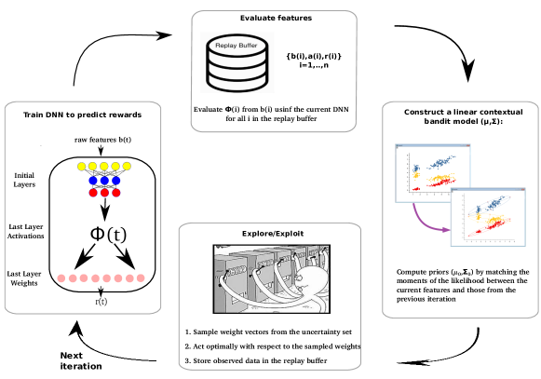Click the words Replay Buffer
pos(237,45)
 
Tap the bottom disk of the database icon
pos(237,82)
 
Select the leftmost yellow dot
pos(82,167)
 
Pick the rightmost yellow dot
pos(127,167)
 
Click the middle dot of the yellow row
pos(104,167)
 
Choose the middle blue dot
pos(104,181)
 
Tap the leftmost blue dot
pos(93,181)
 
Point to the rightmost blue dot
pos(115,181)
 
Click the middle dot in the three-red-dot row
pos(104,193)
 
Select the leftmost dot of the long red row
pos(61,278)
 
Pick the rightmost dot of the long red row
pos(141,278)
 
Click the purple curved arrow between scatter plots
pos(424,221)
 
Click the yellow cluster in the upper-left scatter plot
pos(417,175)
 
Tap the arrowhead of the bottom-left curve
pos(75,328)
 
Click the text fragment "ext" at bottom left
pos(74,356)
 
